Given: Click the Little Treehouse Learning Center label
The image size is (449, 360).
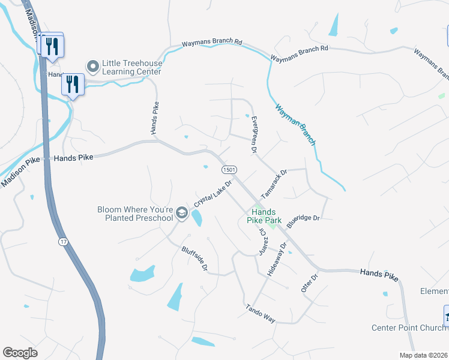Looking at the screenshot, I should click(131, 67).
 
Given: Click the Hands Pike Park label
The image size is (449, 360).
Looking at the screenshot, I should click(264, 216).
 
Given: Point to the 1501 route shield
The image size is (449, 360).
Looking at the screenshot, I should click(229, 170).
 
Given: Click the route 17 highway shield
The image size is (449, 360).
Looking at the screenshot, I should click(63, 241).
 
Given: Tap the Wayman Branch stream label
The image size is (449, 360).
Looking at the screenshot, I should click(295, 125).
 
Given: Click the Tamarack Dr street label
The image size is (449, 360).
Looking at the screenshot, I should click(274, 184).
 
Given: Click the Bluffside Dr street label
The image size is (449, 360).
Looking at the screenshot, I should click(194, 258).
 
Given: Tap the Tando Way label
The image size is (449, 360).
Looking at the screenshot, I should click(260, 314).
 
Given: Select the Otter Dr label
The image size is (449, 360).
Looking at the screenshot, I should click(309, 282).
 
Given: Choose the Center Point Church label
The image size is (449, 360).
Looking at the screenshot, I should click(408, 328).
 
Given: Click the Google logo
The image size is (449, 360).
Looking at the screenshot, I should click(20, 353).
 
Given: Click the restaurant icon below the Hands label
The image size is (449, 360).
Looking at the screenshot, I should click(73, 85).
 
